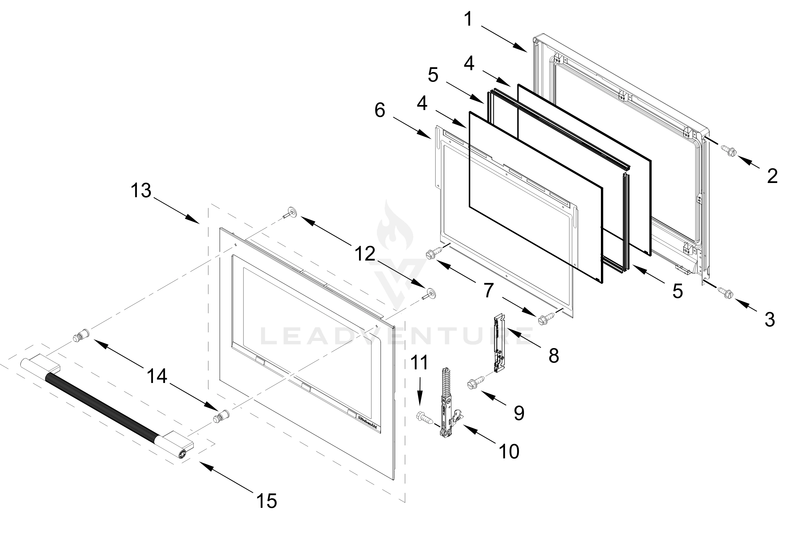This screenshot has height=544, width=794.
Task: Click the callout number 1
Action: coord(469,19)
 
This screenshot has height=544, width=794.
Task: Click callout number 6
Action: coord(380,110)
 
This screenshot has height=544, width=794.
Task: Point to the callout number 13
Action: coord(141,190)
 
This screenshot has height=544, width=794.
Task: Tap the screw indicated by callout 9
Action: coord(476,383)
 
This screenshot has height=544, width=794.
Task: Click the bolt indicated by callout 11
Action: coord(424,418)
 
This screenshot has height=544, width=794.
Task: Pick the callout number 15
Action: coord(267,501)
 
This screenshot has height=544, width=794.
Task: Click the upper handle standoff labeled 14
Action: coord(81,335)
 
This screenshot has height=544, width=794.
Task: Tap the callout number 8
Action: coord(553,356)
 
